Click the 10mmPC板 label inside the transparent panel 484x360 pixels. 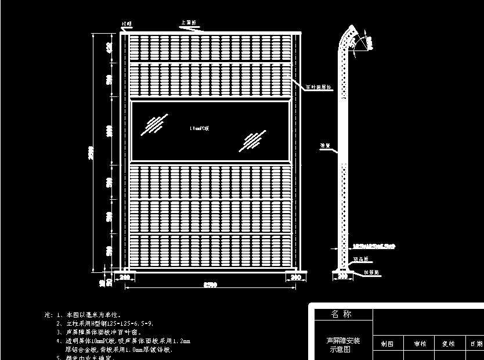[198, 128]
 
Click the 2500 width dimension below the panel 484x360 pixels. [211, 285]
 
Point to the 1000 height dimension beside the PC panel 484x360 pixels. [109, 131]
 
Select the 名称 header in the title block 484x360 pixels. [342, 314]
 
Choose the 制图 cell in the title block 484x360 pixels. [388, 344]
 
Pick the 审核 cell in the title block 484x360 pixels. [420, 344]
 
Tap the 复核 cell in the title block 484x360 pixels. [448, 344]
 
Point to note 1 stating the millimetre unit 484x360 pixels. [93, 314]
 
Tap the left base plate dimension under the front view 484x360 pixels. [124, 278]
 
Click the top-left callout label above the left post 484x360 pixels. [126, 24]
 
